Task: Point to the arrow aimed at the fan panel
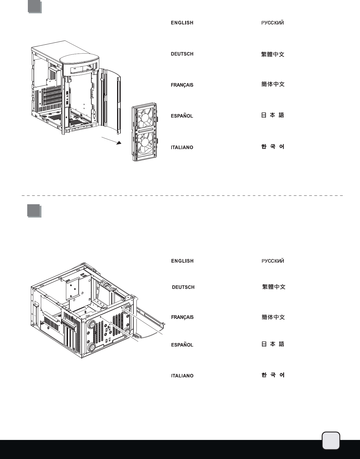pos(112,141)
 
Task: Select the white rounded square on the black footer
pos(331,441)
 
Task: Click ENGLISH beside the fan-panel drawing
pos(182,23)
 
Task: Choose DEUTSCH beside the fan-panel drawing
pos(182,54)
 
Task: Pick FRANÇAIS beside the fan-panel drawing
pos(182,85)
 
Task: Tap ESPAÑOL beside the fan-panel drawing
pos(182,116)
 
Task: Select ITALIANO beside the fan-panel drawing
pos(182,147)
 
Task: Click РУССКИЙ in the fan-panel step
pos(273,23)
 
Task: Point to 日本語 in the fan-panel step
pos(273,115)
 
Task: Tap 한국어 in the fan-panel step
pos(273,147)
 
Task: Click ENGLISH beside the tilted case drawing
pos(182,261)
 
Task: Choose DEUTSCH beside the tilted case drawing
pos(183,287)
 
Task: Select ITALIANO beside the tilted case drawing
pos(182,376)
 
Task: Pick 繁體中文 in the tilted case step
pos(274,287)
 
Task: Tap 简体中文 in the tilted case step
pos(273,317)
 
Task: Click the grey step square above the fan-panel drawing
pos(34,7)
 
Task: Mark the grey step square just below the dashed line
pos(34,211)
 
